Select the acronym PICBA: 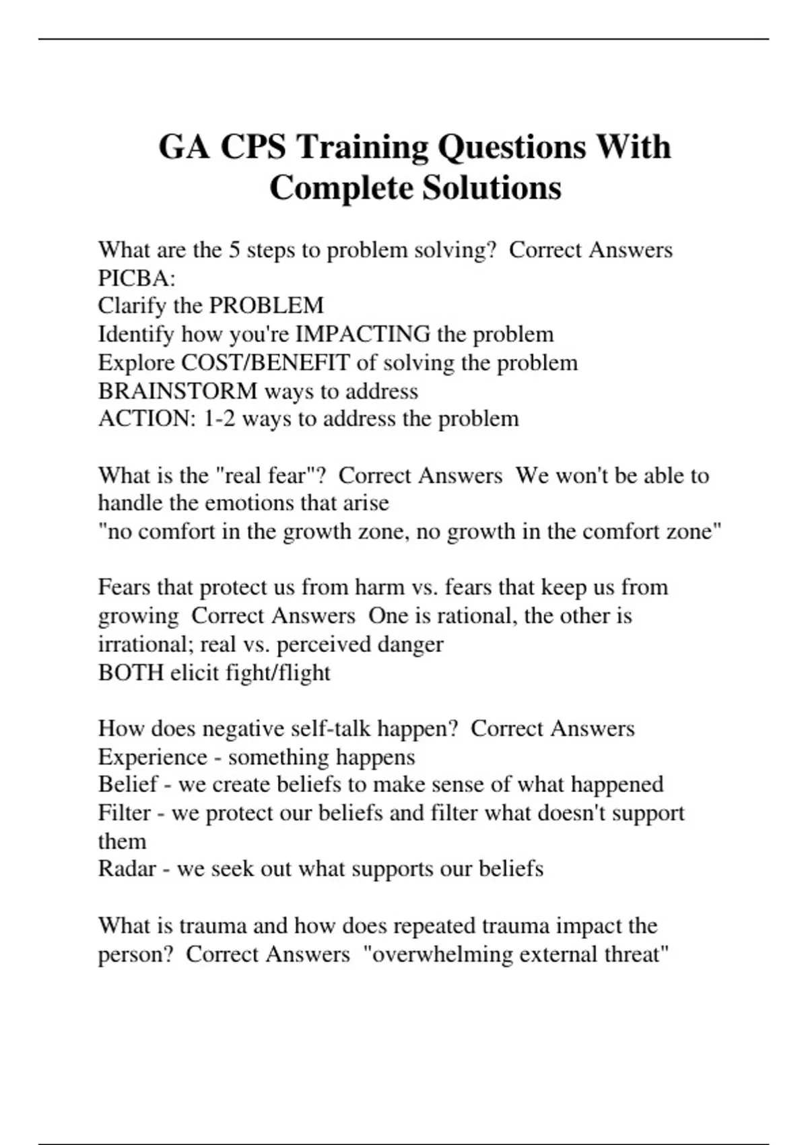pos(137,278)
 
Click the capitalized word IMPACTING pos(363,334)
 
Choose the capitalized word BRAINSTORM pos(178,391)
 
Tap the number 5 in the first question pos(234,250)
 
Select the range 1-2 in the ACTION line pos(220,419)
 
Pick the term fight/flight pos(291,672)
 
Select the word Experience pos(152,757)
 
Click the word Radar pos(125,869)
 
